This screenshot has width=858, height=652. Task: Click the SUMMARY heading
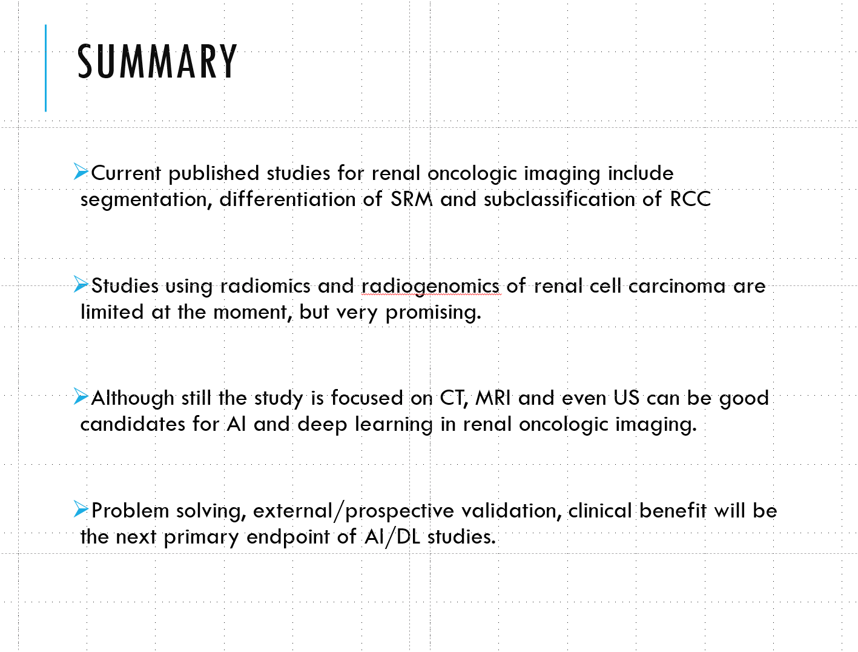pos(157,62)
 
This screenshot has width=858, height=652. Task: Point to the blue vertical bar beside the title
pos(45,68)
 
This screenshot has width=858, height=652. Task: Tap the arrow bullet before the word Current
pos(81,171)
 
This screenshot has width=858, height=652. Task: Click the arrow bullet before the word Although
pos(81,396)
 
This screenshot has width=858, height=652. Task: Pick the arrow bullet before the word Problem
pos(81,509)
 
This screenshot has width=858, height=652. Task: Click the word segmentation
pos(144,199)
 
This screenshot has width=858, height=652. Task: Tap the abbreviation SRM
pos(412,199)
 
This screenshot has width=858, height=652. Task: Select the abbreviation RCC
pos(690,199)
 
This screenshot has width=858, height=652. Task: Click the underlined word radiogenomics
pos(431,285)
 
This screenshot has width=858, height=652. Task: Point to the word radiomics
pos(265,285)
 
